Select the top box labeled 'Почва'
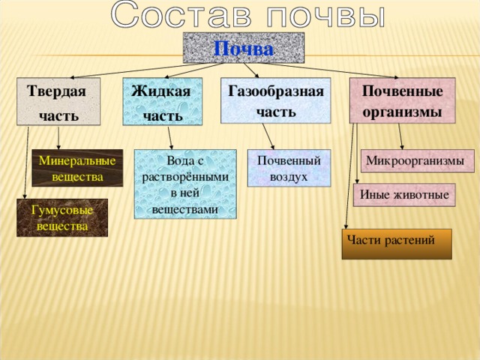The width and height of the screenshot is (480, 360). point(244,48)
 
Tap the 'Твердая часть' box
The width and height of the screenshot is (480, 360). point(58,101)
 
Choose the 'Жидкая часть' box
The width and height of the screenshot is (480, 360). point(163,101)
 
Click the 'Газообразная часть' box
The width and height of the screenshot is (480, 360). point(275,100)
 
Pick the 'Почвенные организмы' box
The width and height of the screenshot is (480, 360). point(402,100)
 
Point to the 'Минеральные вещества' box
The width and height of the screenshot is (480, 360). point(77,169)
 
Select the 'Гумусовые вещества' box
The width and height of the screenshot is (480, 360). point(62,217)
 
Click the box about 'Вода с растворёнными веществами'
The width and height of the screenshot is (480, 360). point(185,184)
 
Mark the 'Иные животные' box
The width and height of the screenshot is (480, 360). point(404,195)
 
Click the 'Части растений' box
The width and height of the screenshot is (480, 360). point(396,244)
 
